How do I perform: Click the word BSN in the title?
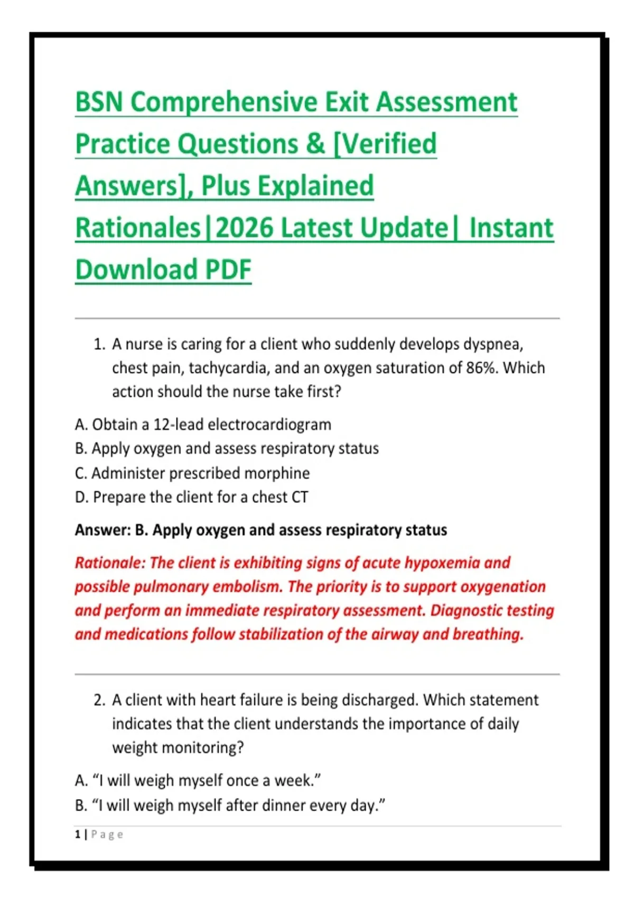(99, 102)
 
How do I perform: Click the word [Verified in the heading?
(385, 144)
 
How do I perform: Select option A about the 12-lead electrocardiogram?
(203, 425)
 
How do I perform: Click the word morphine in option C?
(277, 473)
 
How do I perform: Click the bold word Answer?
(103, 530)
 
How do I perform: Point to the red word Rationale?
(110, 563)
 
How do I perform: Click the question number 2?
(99, 700)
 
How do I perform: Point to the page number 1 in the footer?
(77, 835)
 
